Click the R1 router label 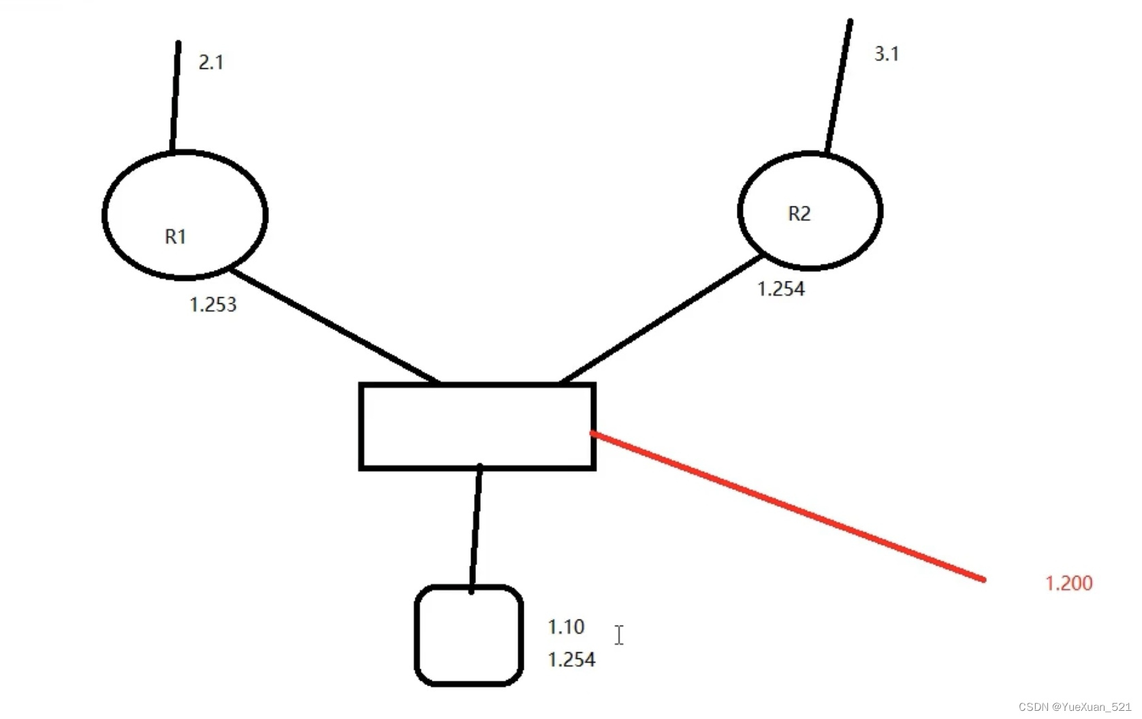click(x=175, y=236)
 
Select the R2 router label click(x=799, y=213)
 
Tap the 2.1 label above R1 click(x=210, y=63)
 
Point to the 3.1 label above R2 click(x=886, y=54)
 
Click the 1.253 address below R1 click(x=212, y=305)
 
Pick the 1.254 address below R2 click(x=780, y=289)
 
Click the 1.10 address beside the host click(x=566, y=627)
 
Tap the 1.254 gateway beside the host click(x=571, y=660)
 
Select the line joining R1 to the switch click(x=334, y=325)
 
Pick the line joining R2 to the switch click(x=661, y=318)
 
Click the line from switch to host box click(x=475, y=528)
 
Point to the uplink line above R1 click(x=176, y=95)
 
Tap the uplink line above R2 click(x=839, y=85)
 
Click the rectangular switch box click(x=477, y=427)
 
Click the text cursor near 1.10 click(x=618, y=635)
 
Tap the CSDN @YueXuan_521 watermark click(x=1074, y=707)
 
